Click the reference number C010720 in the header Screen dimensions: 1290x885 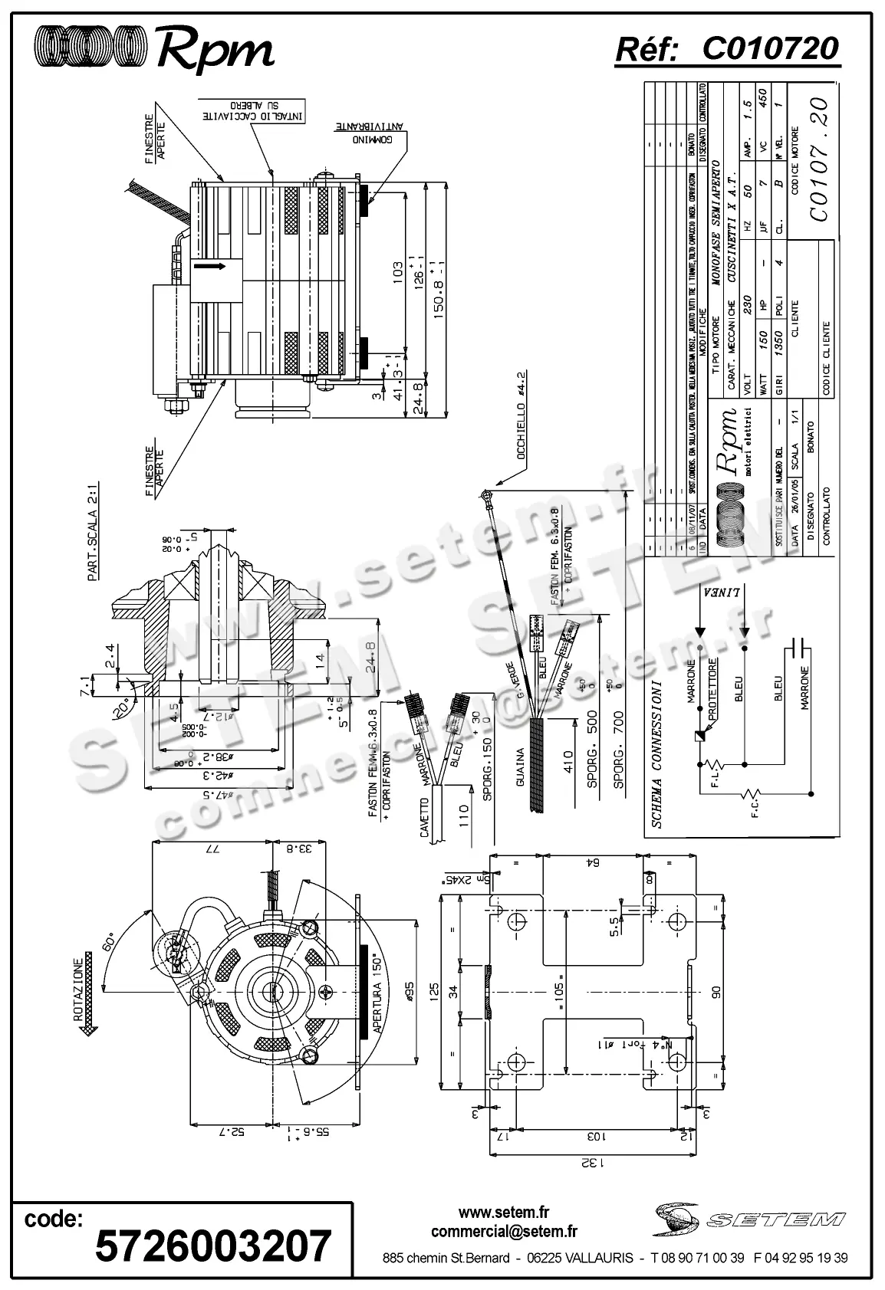click(770, 49)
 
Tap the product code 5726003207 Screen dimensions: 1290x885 click(213, 1246)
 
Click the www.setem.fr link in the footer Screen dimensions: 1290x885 click(504, 1213)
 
